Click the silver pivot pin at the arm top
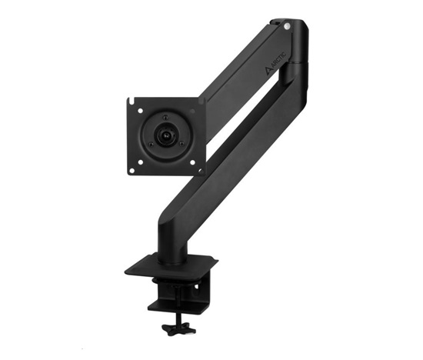(x=288, y=26)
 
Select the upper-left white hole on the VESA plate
(x=140, y=111)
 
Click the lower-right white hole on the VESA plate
(x=192, y=162)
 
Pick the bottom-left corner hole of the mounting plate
(x=132, y=170)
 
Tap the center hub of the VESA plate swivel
(x=166, y=134)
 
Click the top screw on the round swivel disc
(x=165, y=118)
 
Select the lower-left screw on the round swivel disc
(x=151, y=144)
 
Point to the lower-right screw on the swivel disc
(x=182, y=143)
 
